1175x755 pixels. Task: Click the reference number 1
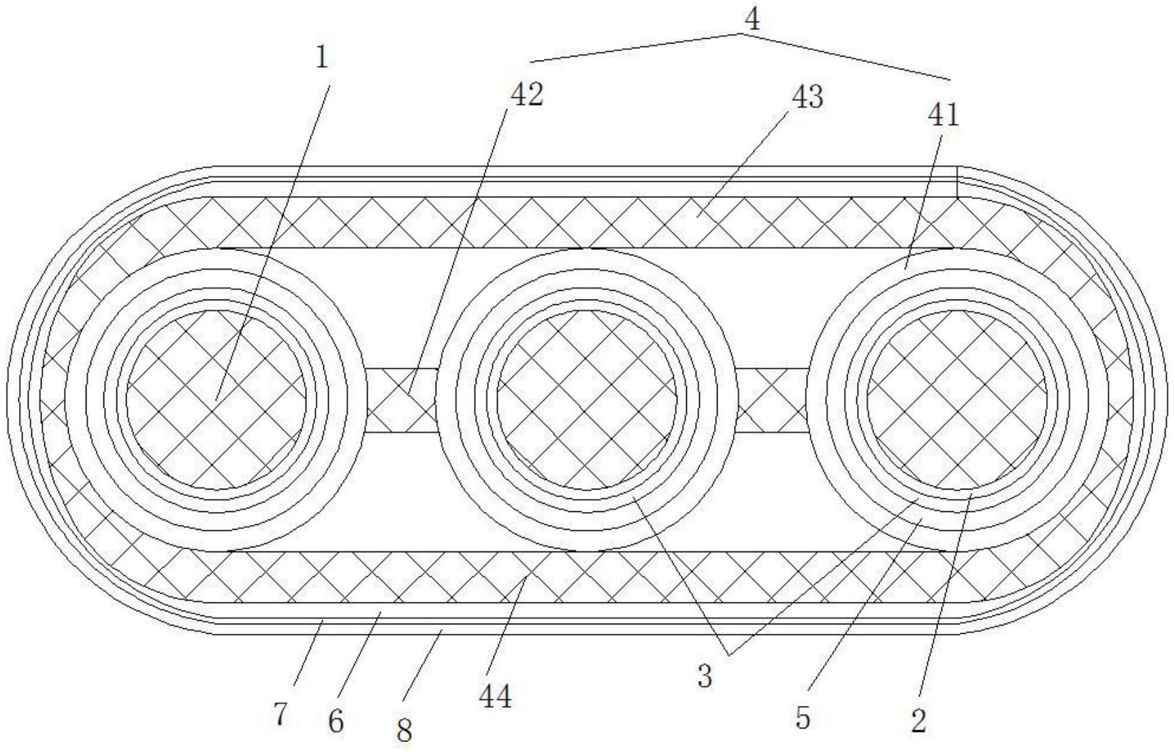pos(322,59)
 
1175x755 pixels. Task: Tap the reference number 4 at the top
pos(752,20)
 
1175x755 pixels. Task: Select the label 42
pos(528,95)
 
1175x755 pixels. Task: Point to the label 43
pos(807,97)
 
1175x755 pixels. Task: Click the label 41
pos(943,115)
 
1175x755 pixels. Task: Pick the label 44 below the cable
pos(495,696)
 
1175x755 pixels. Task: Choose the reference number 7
pos(280,715)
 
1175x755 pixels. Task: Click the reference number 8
pos(404,731)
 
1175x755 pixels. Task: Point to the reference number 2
pos(919,721)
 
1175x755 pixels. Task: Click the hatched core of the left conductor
pos(216,400)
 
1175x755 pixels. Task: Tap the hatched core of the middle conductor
pos(586,400)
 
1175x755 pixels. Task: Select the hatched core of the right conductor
pos(956,400)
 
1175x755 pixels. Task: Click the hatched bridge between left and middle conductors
pos(401,400)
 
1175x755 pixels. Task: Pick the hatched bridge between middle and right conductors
pos(771,400)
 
